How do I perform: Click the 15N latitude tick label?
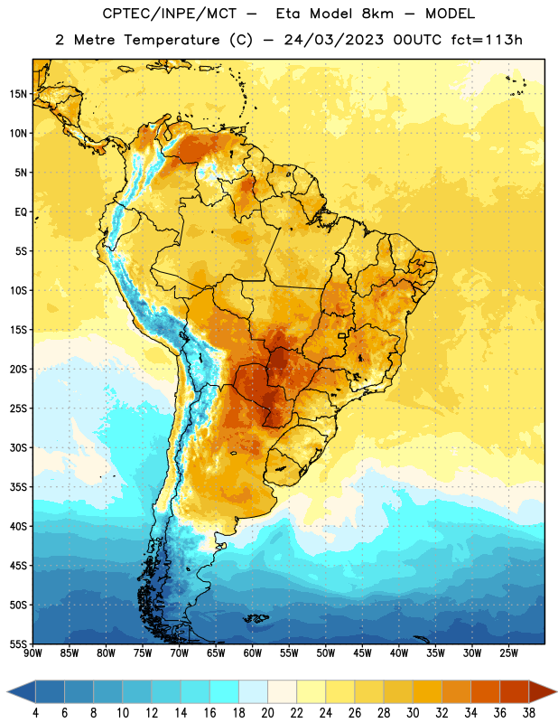point(18,94)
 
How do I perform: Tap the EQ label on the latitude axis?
point(21,212)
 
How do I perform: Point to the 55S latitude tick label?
point(18,643)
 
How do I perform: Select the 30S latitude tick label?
point(18,447)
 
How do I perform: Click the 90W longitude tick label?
point(33,653)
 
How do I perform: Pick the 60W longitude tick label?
point(253,653)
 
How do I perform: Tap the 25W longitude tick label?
point(508,653)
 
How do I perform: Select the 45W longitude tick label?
point(362,653)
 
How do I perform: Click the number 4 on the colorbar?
point(35,713)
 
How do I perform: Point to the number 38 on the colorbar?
point(529,713)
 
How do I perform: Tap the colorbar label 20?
point(267,713)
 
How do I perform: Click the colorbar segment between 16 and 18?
point(224,692)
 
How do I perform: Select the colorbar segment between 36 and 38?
point(515,692)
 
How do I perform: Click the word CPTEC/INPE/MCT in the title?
point(170,14)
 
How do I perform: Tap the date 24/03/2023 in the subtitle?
point(333,40)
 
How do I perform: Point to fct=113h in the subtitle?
point(487,40)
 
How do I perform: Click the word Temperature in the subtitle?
point(172,41)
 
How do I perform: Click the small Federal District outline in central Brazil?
point(342,335)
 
